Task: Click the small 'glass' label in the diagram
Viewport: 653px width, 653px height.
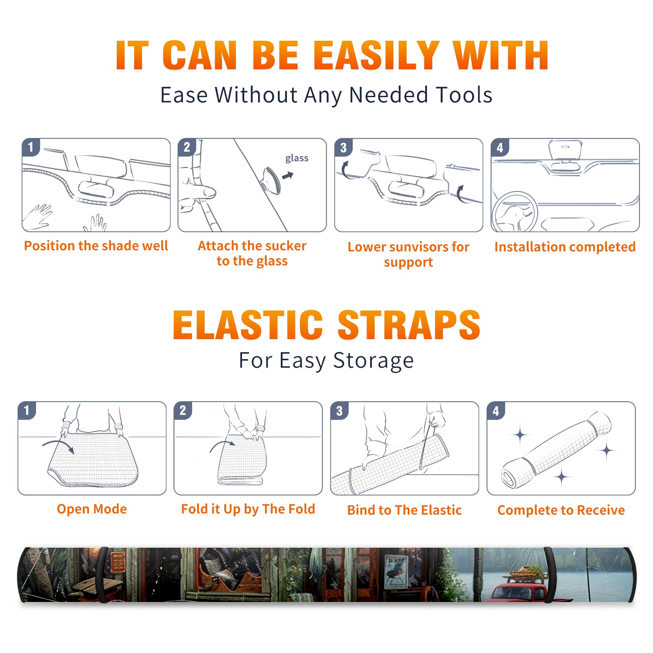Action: [297, 158]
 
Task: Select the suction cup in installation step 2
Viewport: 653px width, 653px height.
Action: [271, 180]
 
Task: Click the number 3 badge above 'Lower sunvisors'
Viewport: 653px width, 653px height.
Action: [343, 147]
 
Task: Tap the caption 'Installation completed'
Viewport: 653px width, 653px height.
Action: [565, 247]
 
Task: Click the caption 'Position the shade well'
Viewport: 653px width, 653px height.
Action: [96, 246]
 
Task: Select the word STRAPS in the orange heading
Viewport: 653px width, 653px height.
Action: [409, 325]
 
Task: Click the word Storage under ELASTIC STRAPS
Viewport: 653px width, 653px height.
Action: [373, 361]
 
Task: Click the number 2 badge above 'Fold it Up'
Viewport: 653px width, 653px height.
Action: [182, 410]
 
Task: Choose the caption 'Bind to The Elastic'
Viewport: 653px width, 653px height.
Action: [404, 510]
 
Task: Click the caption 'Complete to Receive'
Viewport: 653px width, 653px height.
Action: [561, 510]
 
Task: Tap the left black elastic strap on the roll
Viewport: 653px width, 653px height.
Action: [102, 575]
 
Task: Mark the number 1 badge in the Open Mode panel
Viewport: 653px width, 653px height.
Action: [27, 410]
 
